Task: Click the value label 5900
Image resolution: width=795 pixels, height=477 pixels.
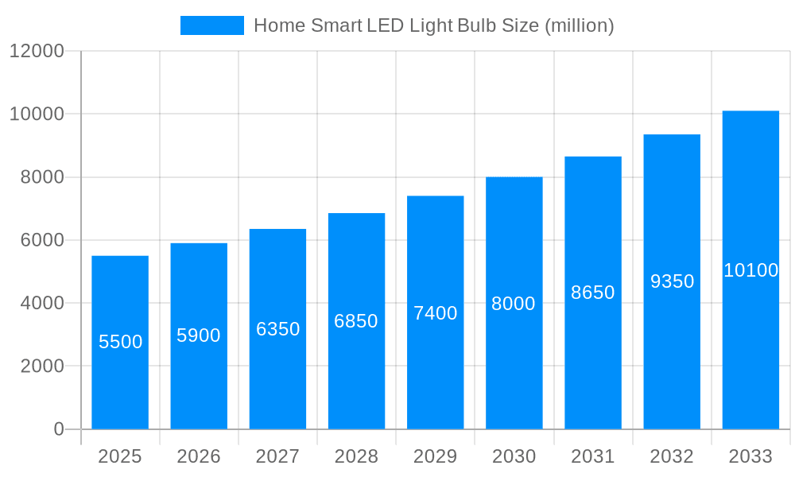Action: [199, 335]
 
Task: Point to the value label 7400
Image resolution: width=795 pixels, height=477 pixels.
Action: [436, 313]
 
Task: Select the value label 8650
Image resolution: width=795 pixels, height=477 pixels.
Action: [593, 293]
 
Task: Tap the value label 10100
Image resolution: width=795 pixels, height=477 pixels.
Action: [750, 270]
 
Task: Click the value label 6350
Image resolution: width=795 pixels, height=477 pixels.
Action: [277, 329]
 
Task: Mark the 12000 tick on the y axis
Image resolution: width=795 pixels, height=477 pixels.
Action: [36, 51]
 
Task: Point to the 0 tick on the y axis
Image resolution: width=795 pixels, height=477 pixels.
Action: [59, 429]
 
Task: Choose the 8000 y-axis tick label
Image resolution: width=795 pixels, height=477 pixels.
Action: [42, 177]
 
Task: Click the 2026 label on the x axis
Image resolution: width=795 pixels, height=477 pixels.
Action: [199, 456]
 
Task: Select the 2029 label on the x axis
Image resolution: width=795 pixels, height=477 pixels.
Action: [436, 456]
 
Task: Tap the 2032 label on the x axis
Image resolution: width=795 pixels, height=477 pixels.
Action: [672, 456]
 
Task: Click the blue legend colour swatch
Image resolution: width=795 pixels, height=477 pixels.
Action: [212, 25]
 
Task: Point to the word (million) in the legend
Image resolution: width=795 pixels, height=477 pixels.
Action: [579, 25]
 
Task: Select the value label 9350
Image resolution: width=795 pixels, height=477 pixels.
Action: [672, 281]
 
